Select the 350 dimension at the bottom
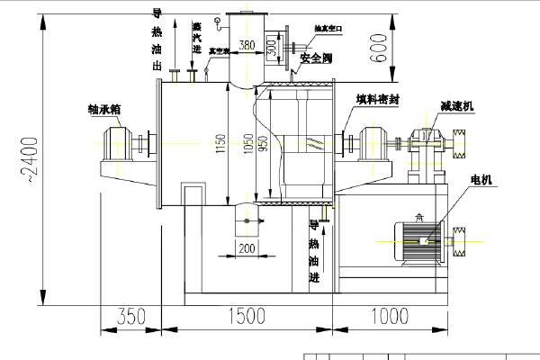point(130,317)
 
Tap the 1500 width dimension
point(246,317)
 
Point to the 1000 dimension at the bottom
point(389,317)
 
